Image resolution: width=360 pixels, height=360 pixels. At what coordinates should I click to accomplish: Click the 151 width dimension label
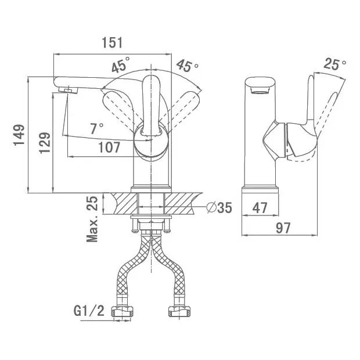click(112, 42)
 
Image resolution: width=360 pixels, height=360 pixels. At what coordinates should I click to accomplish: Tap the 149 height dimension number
click(19, 135)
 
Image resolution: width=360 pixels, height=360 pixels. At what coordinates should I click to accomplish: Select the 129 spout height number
click(45, 143)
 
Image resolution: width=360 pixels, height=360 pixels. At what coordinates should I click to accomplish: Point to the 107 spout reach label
click(109, 147)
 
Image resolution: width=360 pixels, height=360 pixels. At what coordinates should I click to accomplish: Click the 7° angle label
click(96, 128)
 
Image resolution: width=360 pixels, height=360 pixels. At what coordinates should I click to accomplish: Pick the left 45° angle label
click(121, 64)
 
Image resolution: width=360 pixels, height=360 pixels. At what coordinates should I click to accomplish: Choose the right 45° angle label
click(187, 66)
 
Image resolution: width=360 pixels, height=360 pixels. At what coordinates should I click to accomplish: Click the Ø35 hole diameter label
click(219, 208)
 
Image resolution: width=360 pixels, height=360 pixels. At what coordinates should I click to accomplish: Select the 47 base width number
click(260, 208)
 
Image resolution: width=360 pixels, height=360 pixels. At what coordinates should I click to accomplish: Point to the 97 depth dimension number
click(283, 228)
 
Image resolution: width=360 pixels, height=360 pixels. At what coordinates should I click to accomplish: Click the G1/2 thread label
click(89, 311)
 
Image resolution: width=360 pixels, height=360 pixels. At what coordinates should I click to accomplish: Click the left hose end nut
click(122, 312)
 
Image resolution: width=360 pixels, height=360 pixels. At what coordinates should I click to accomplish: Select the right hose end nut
click(179, 312)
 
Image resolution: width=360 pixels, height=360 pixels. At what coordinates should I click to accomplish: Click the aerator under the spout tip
click(68, 90)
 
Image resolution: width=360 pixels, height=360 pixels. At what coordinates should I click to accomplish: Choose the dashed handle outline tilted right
click(181, 110)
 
